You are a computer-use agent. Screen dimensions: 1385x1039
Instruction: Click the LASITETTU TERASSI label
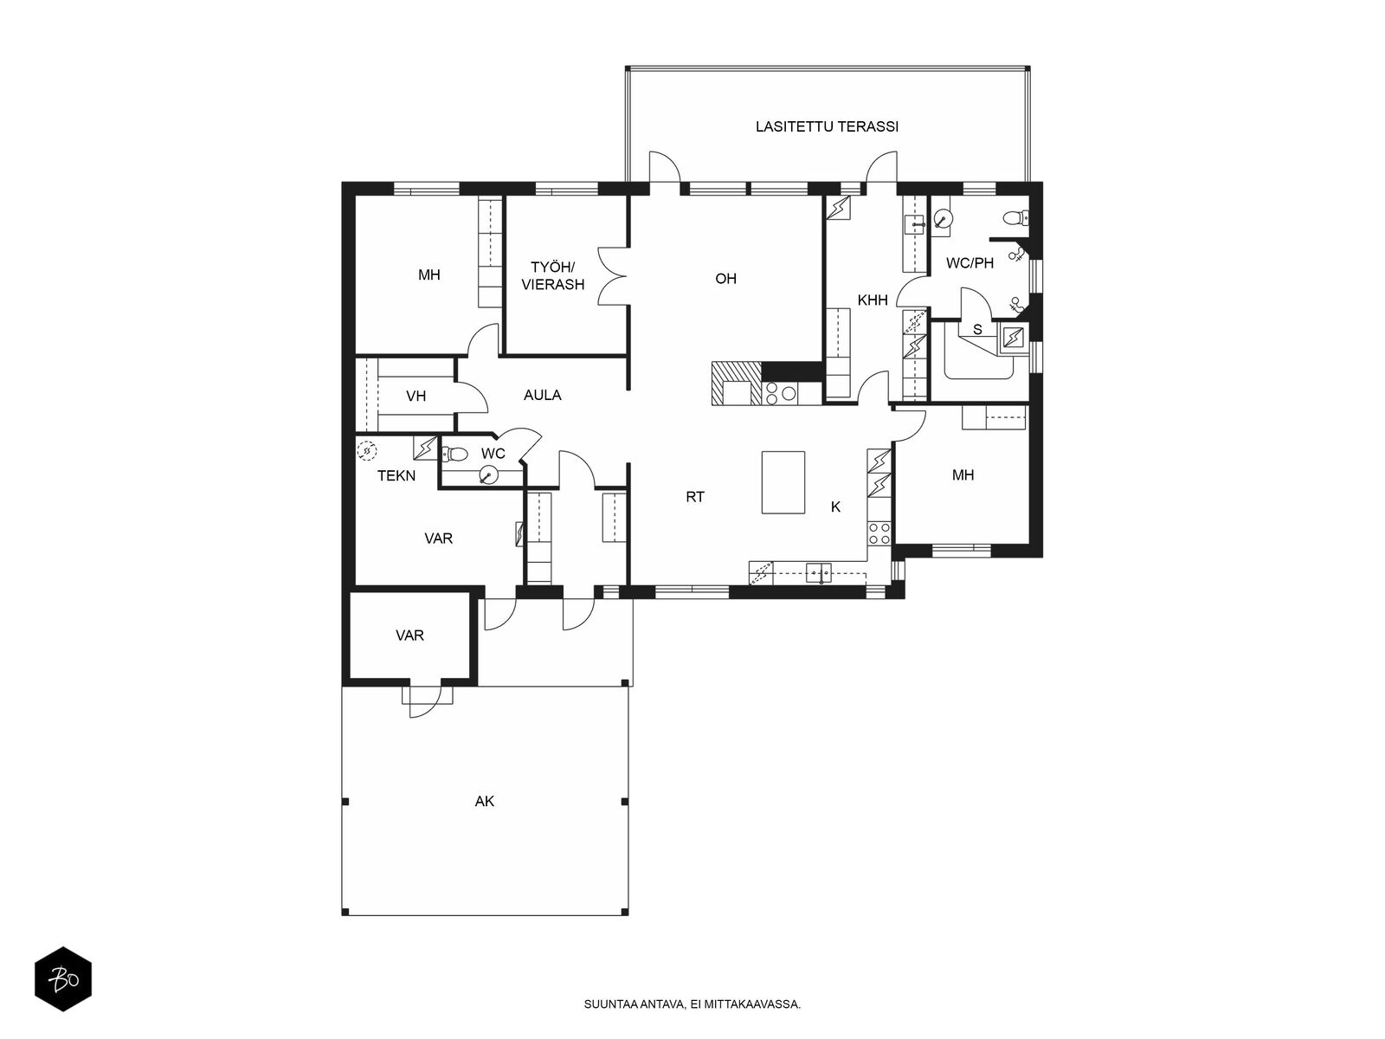827,126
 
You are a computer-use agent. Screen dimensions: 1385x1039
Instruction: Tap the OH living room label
725,279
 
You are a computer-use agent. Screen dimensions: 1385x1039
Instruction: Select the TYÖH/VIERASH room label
553,276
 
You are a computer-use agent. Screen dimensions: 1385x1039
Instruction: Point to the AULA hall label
542,396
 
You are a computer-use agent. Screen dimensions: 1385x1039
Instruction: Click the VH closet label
415,397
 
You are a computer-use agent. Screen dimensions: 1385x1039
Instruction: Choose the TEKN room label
396,476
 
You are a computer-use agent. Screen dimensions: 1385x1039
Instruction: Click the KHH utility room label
872,300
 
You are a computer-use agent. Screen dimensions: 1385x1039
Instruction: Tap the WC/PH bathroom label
969,263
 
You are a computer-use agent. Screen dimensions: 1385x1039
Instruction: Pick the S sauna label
977,330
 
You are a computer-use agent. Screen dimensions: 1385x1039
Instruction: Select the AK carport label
484,802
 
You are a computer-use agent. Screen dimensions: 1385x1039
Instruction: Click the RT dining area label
695,497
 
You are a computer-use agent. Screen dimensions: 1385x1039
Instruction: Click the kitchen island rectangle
783,482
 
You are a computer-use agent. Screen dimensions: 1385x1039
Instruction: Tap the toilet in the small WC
454,454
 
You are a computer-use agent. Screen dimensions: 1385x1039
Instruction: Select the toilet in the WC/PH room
1015,218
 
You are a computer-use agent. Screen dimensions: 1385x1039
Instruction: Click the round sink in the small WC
487,474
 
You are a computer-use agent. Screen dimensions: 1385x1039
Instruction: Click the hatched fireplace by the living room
737,383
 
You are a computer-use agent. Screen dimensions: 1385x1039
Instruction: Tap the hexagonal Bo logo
63,979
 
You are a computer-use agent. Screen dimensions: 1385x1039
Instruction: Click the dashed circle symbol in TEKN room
366,451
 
